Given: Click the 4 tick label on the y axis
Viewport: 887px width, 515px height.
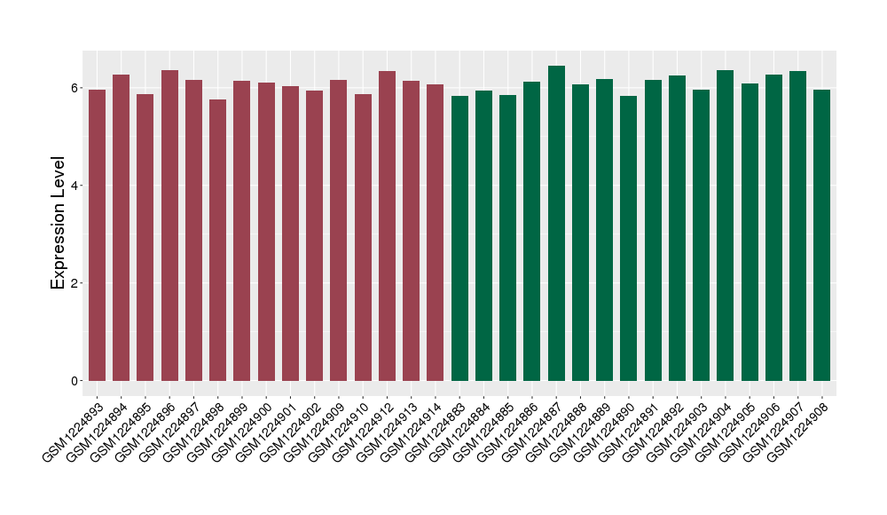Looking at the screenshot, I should click(75, 186).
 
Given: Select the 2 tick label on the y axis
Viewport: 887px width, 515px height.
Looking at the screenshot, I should click(75, 283).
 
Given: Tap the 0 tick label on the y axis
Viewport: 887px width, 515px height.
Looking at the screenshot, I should click(75, 381).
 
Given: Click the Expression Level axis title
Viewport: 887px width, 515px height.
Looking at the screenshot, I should click(59, 223).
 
